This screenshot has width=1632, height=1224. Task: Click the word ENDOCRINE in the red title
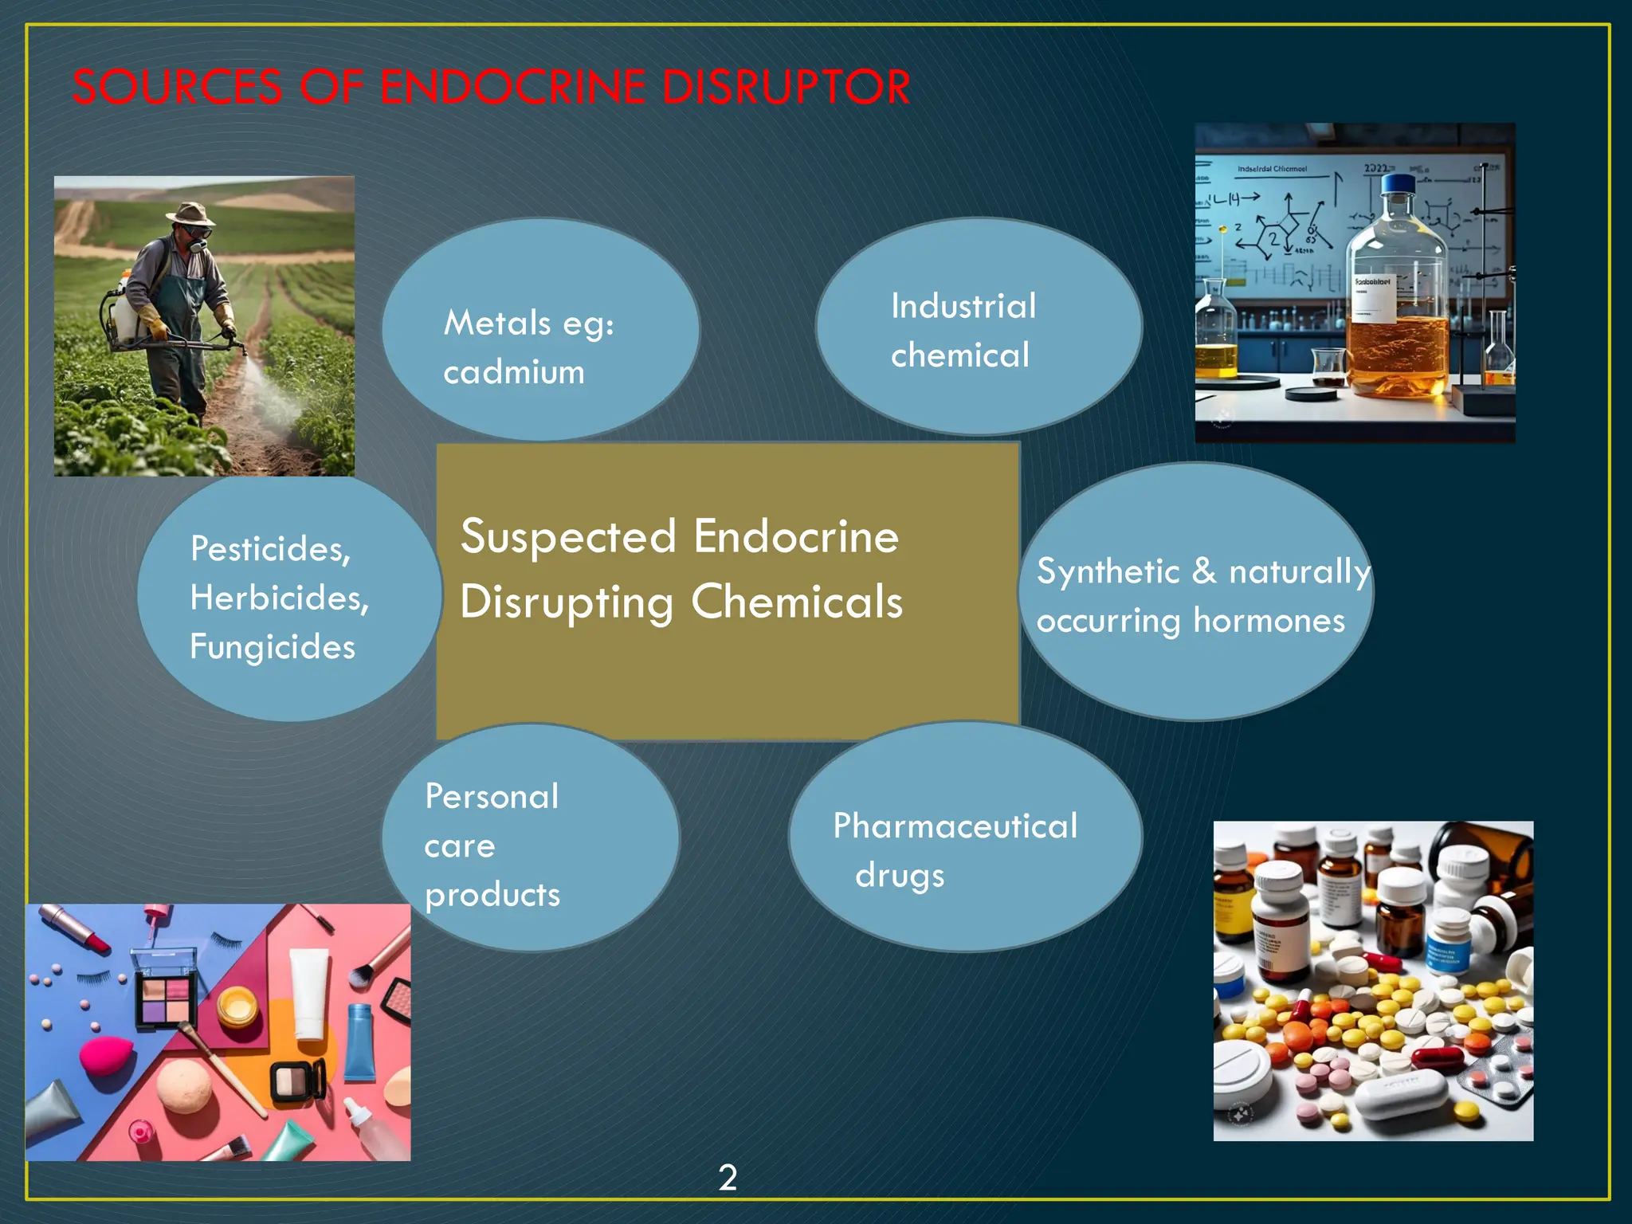(x=512, y=87)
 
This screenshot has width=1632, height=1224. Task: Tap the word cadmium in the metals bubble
(x=514, y=372)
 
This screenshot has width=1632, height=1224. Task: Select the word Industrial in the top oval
(x=963, y=306)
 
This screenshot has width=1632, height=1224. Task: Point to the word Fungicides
(x=273, y=646)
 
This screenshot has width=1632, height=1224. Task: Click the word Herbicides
(x=279, y=598)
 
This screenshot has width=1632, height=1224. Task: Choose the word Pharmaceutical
(x=955, y=826)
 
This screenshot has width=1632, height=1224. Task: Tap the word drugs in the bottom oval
(x=900, y=876)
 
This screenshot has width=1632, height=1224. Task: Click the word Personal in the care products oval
(x=492, y=796)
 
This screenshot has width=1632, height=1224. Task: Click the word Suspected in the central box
(x=568, y=536)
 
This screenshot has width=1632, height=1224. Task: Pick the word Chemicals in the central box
(x=797, y=602)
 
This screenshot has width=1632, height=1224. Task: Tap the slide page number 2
(x=728, y=1177)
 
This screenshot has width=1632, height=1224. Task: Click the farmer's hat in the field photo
(x=190, y=214)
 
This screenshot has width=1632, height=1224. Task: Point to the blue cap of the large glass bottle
(x=1396, y=185)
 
